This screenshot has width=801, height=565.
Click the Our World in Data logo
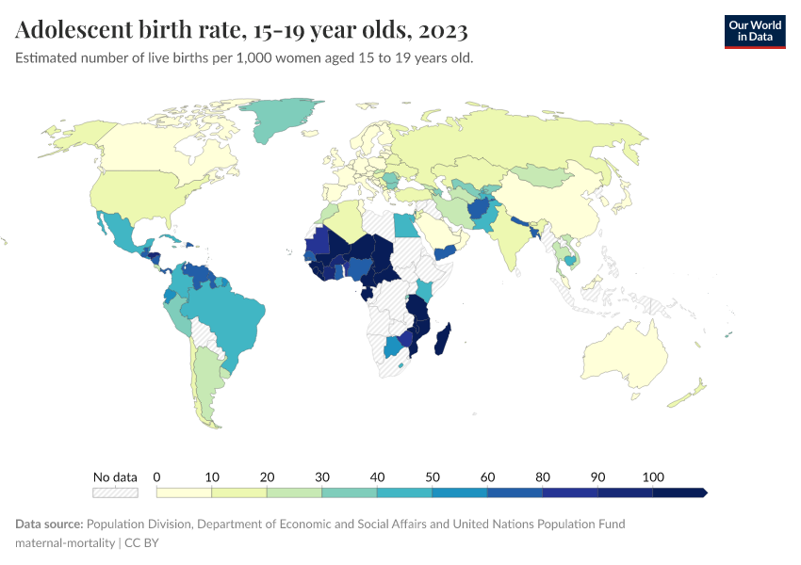(x=754, y=30)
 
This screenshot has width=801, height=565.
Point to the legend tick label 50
(x=432, y=476)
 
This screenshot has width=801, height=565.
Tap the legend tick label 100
(x=652, y=476)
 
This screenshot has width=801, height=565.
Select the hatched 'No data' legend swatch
(x=115, y=492)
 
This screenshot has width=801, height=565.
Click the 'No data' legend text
(x=115, y=476)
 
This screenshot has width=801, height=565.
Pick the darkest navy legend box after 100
(x=678, y=492)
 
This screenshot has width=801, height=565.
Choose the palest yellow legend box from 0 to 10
(x=184, y=492)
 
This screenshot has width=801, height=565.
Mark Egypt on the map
(x=405, y=226)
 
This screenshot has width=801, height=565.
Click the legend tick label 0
(x=156, y=476)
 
